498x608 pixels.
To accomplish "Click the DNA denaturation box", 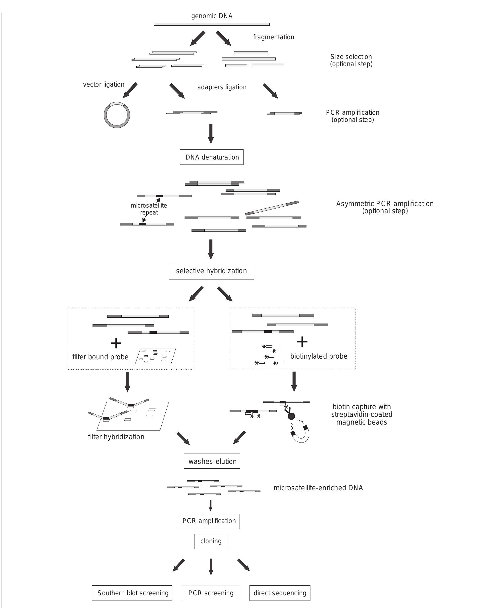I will pos(211,157).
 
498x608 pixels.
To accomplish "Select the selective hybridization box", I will pos(211,271).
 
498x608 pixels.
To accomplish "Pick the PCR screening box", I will pos(211,593).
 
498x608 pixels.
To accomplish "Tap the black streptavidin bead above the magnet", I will pos(291,416).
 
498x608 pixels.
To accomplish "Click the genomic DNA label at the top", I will pos(212,16).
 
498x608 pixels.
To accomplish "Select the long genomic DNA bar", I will pos(212,24).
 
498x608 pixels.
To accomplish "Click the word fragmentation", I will pos(273,37).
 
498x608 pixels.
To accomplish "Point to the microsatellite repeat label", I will pos(149,209).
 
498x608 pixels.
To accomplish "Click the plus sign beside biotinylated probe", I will pos(302,342).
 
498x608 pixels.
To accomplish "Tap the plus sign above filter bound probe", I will pos(116,343).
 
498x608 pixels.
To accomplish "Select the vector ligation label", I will pos(103,84).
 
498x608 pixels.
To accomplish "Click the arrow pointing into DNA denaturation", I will pos(211,133).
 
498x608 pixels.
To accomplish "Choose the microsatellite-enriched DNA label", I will pos(318,488).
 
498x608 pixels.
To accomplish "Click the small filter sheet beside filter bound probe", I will pos(155,357).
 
